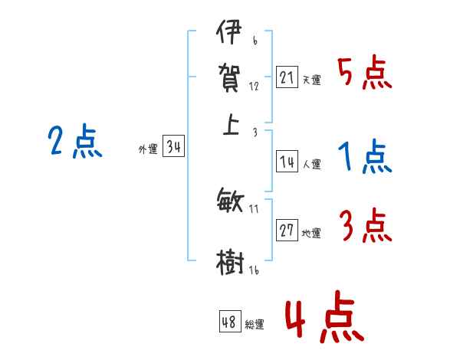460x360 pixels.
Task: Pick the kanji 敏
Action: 230,201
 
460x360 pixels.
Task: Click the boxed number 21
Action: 287,77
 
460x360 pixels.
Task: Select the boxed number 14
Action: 287,162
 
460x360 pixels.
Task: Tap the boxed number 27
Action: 287,231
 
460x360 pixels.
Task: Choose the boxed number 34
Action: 173,148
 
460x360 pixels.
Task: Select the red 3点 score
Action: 366,227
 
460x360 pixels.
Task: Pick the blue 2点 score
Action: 74,142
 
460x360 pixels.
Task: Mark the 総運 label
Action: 255,325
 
